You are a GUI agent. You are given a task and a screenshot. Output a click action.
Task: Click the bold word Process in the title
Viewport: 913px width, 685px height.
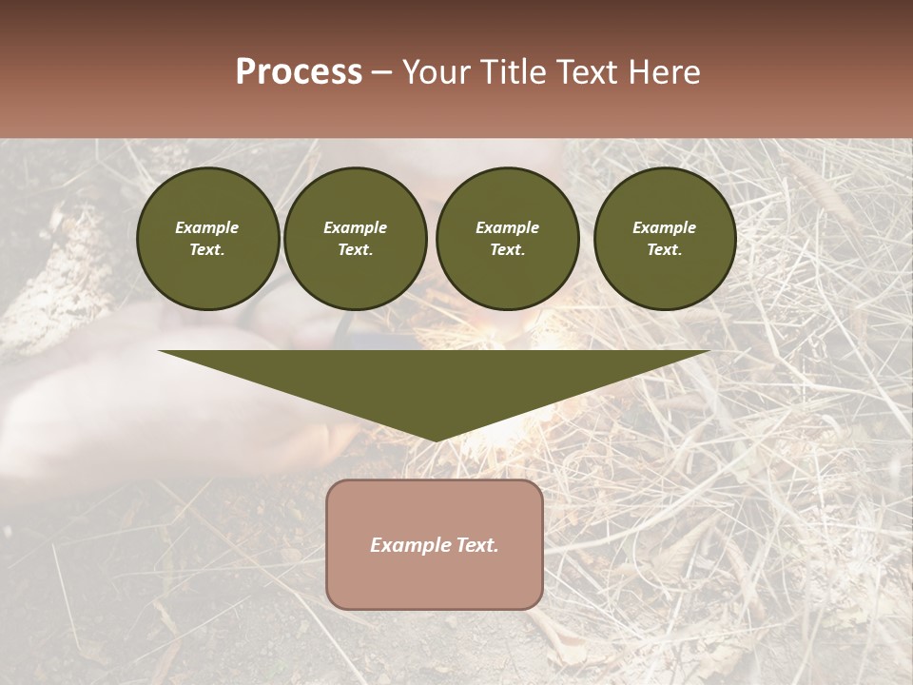[x=299, y=72]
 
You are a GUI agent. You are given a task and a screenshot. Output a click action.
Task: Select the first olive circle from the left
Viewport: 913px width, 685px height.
[x=207, y=239]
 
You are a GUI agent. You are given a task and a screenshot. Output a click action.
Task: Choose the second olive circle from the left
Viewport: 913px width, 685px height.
[x=355, y=239]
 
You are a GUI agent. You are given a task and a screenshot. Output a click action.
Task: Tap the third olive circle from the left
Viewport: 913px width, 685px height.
[x=507, y=239]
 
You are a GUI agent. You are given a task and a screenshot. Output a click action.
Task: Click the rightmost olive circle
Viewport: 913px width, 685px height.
[x=664, y=239]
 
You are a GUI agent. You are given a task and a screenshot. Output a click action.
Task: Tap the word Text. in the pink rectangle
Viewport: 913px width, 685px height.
[x=476, y=545]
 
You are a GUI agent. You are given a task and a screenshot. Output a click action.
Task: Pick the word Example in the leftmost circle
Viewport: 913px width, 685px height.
[x=207, y=227]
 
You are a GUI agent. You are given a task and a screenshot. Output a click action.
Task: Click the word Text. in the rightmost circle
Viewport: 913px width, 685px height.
[x=664, y=250]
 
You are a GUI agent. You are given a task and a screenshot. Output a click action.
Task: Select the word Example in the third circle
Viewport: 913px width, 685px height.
[x=507, y=227]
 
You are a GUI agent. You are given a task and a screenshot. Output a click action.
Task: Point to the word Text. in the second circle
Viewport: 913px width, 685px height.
[x=355, y=250]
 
